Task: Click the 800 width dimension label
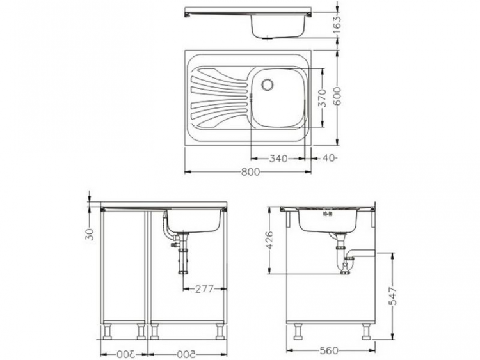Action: coord(250,172)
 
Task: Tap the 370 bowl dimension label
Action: coord(323,98)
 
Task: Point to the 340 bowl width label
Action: coord(278,158)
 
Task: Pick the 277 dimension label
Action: coord(204,289)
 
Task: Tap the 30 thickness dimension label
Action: coord(90,234)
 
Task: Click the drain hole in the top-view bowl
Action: coord(268,83)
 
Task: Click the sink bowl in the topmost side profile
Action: coord(276,27)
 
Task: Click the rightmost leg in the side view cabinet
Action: coord(366,331)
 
